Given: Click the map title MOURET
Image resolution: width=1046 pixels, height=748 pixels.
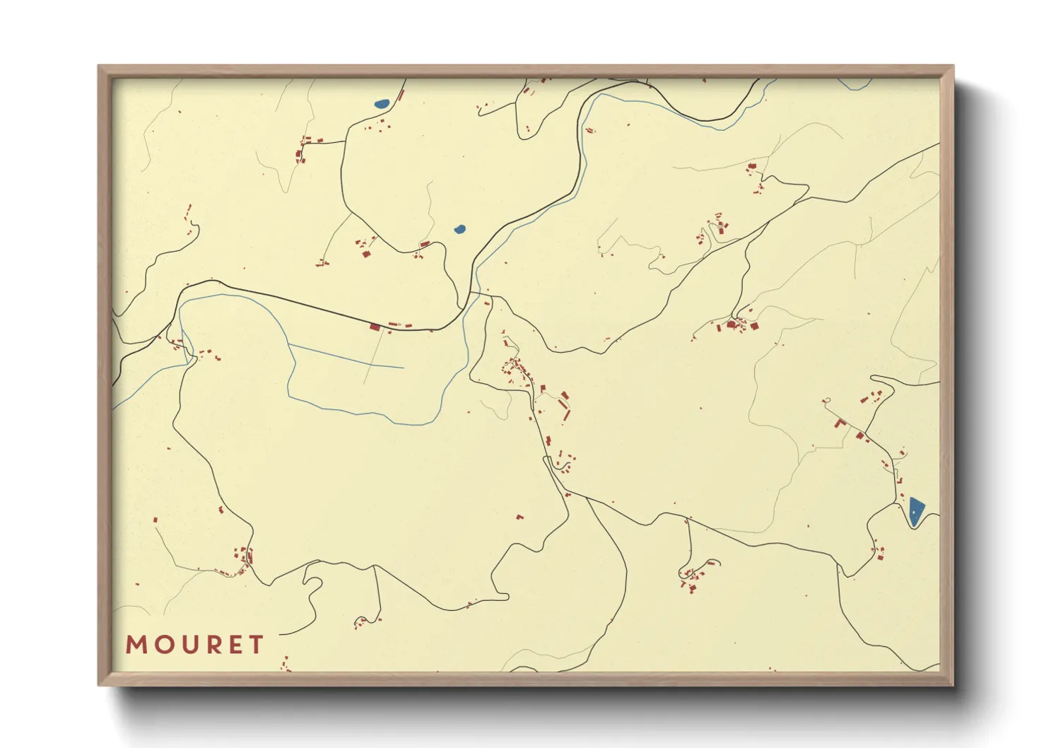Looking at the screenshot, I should (194, 645).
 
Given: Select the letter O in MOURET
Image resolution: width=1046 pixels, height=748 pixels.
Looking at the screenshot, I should (160, 645).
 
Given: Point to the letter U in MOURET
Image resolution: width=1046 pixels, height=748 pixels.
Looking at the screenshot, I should (185, 645).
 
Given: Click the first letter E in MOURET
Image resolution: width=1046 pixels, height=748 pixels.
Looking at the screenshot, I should (233, 645).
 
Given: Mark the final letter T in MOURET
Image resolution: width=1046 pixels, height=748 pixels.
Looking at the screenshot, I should (255, 645).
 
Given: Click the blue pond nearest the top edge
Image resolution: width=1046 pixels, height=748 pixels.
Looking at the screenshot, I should (382, 104).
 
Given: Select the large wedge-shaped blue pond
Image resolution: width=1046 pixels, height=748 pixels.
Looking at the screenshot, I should (915, 511).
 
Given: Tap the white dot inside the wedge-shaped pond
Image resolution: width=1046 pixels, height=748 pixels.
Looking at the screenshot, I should (914, 511).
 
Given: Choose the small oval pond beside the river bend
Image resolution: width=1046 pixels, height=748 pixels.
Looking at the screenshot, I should (460, 229).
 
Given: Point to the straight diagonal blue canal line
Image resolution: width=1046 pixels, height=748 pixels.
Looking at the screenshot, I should (346, 356).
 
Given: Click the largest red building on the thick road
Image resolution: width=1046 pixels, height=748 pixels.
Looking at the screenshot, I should (375, 327).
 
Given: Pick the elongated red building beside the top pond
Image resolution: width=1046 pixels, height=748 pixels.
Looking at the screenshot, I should (400, 95).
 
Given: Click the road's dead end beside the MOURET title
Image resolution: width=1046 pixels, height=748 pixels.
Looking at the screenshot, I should (281, 635).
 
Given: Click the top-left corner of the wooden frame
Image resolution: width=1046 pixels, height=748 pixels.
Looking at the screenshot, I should (99, 66).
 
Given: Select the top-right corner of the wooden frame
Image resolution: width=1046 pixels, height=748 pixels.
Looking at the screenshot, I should (953, 66).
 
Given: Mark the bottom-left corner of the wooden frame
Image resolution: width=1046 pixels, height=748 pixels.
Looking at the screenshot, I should (99, 684).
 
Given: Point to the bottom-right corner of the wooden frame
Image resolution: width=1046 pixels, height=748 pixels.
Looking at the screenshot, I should (953, 684).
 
